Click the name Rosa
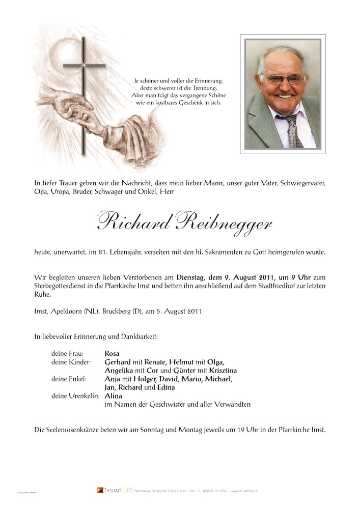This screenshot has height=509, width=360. point(112,353)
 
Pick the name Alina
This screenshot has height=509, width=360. point(113,396)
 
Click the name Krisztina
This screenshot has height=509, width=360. point(220,370)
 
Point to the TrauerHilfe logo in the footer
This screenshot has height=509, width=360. point(115,490)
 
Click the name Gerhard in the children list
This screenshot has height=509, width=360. point(119,361)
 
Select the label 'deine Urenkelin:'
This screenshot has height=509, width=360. point(76,396)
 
